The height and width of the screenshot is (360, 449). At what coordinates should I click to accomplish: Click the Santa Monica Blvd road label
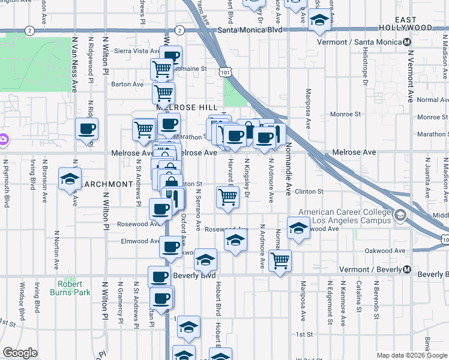[250, 29]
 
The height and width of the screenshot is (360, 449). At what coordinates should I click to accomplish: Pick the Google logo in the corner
[20, 353]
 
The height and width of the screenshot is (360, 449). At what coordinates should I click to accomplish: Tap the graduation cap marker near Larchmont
[70, 178]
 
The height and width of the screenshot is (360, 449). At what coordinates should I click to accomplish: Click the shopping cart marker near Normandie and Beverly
[280, 260]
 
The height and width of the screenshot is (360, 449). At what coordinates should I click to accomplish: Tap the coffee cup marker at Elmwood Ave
[171, 246]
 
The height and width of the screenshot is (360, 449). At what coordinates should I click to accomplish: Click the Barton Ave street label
[127, 84]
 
